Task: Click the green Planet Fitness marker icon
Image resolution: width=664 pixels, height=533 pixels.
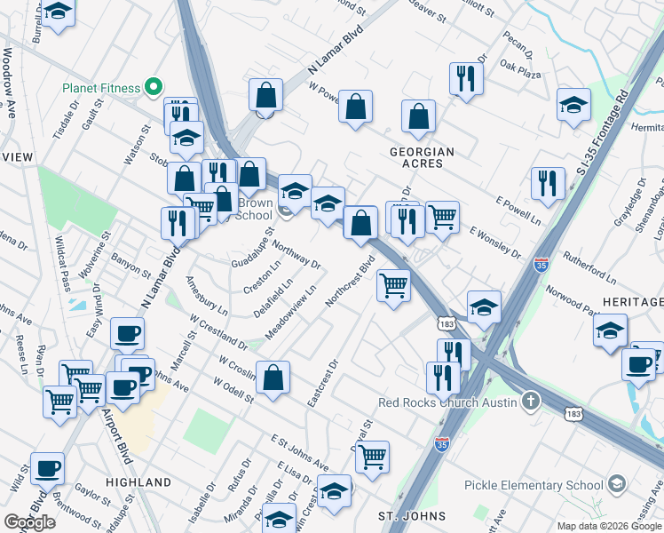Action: (153, 87)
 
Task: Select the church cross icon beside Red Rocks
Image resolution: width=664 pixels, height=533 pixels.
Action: (531, 401)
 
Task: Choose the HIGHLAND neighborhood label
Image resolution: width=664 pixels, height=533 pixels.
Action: (138, 482)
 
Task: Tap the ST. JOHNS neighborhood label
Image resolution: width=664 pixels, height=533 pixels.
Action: (405, 516)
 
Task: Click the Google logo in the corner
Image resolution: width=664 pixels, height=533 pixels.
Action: (30, 522)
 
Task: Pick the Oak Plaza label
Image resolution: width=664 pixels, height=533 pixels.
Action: (520, 65)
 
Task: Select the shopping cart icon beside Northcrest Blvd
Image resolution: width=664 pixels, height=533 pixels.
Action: (393, 286)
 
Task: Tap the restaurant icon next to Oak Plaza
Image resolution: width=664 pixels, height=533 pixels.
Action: (466, 79)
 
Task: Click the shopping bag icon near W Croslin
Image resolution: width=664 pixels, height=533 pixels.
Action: (273, 377)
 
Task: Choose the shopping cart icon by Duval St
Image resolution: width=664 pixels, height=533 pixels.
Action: (373, 457)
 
